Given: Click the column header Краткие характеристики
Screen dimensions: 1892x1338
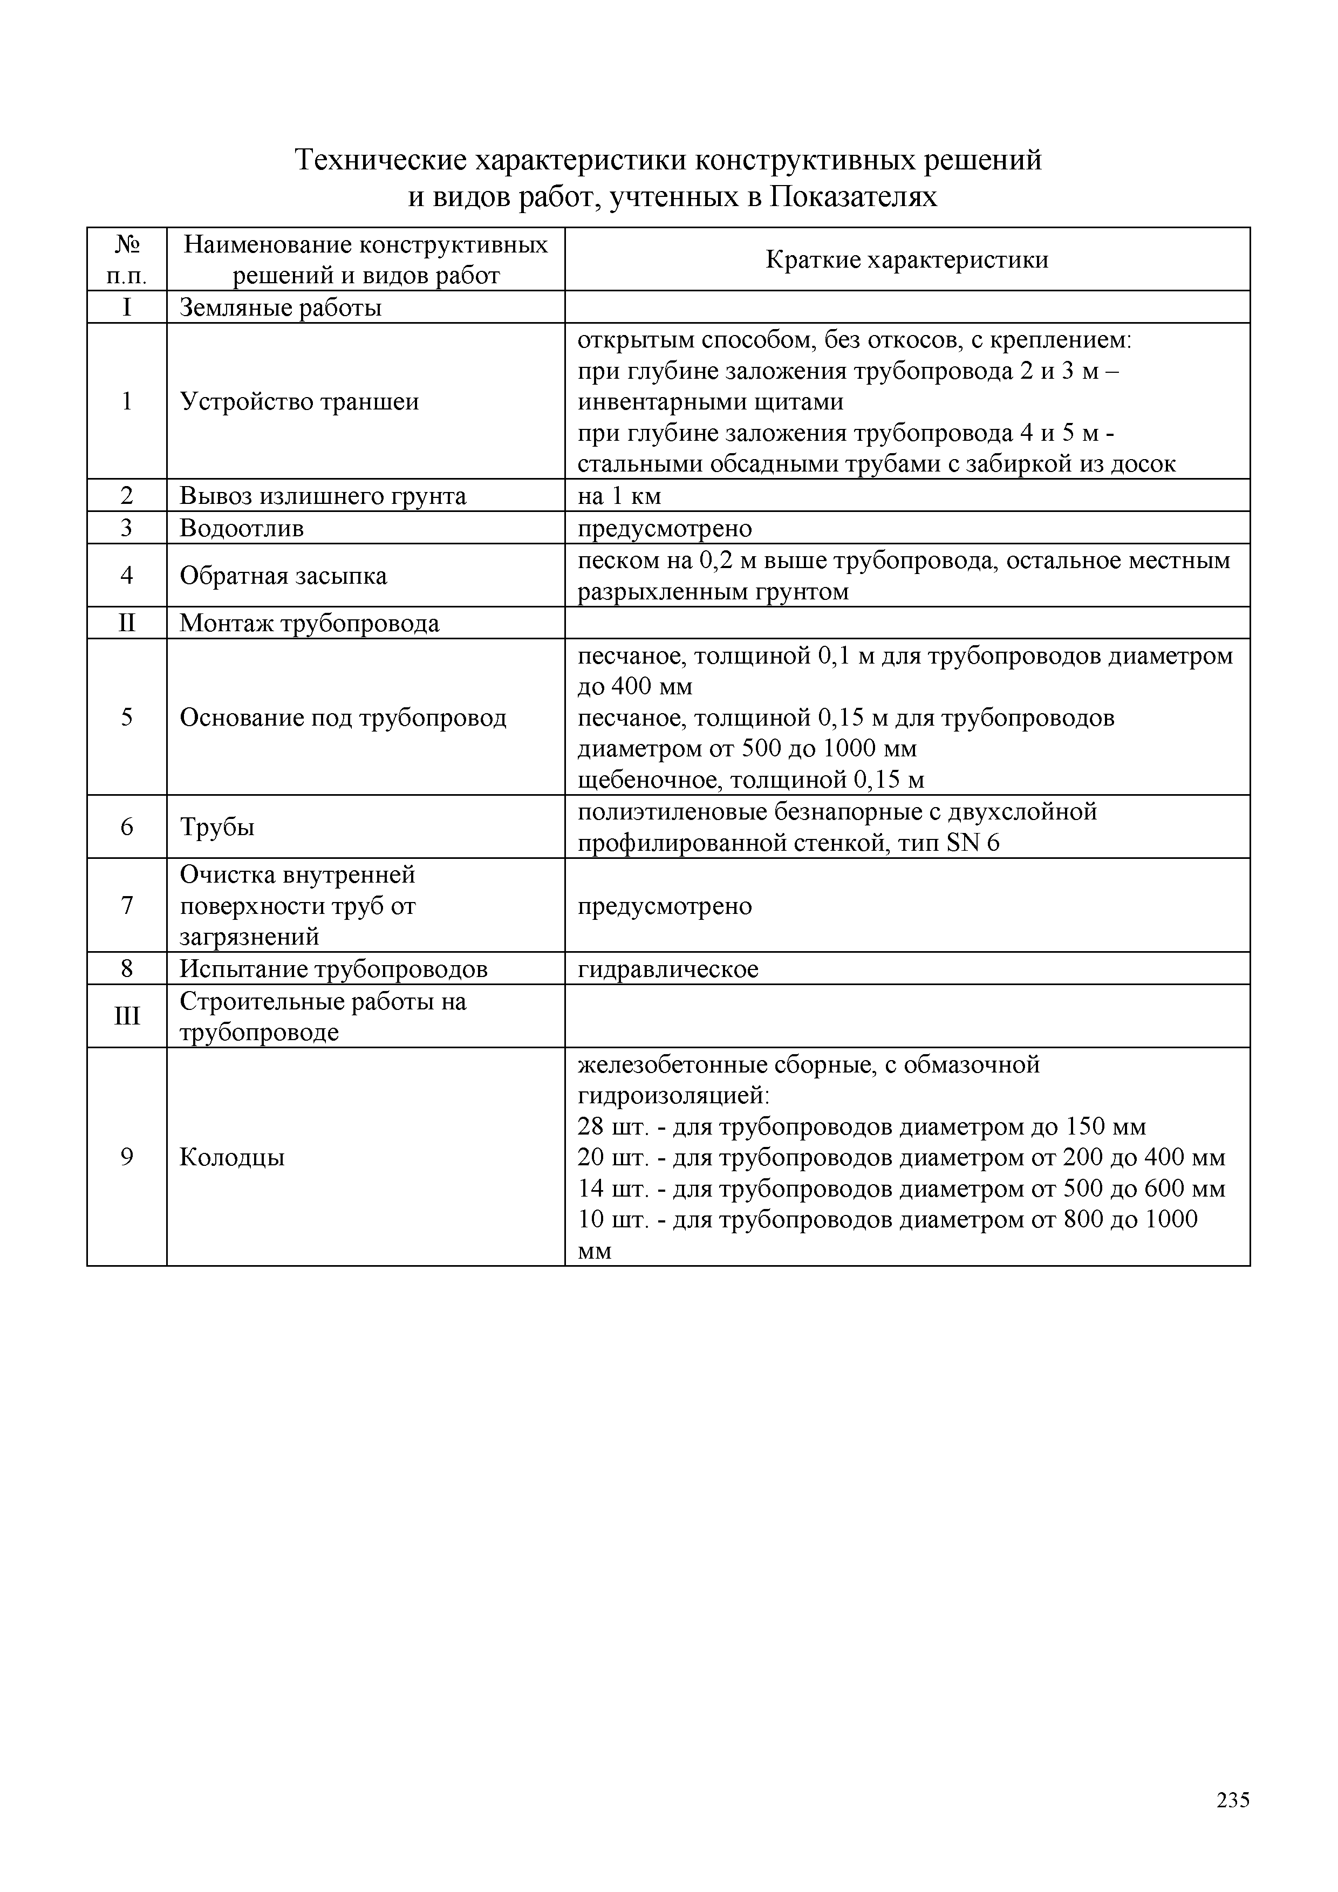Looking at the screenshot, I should click(x=906, y=261).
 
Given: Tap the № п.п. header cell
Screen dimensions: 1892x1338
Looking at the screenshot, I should click(x=127, y=259).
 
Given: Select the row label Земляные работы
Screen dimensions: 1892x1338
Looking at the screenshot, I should click(x=280, y=308).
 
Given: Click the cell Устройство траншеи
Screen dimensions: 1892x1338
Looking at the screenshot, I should click(x=299, y=402).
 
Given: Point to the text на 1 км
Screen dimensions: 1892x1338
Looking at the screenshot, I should click(x=619, y=496).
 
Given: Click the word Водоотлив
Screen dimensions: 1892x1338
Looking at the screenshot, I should click(x=241, y=528).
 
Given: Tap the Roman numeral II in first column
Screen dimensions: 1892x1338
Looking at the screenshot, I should click(x=127, y=623).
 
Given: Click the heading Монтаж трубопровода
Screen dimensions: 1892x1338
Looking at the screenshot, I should click(x=309, y=624).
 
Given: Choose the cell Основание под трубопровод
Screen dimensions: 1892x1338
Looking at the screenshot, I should click(x=343, y=718).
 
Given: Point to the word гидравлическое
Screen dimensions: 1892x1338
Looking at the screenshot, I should click(x=667, y=969).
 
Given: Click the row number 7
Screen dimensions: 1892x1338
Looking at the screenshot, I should click(x=127, y=906).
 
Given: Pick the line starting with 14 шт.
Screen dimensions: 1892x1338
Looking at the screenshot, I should click(x=900, y=1189).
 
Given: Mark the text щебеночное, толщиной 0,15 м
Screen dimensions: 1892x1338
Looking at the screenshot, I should click(x=750, y=780).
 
